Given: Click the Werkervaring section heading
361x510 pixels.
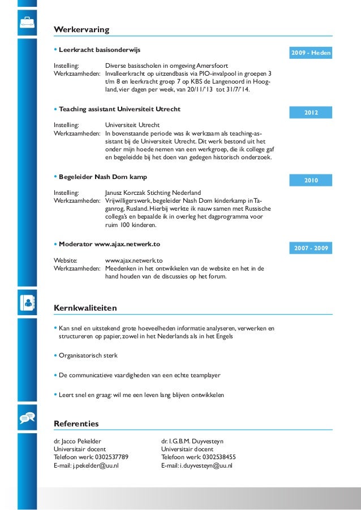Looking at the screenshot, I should [81, 29].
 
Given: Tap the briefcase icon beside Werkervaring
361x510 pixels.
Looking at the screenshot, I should [27, 23].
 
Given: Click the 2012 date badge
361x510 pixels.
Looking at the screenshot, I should [311, 114].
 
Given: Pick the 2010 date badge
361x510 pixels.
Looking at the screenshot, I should [311, 181].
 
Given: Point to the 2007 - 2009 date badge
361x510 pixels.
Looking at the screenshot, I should [311, 249].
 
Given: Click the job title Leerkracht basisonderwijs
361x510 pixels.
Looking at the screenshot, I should [99, 50].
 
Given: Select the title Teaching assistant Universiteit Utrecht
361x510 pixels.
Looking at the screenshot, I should [119, 109].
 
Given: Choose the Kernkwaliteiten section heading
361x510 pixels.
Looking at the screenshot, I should [85, 308].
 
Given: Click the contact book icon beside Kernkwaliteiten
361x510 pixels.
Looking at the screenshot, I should [27, 302].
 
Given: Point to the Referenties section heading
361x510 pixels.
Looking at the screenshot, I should [76, 424].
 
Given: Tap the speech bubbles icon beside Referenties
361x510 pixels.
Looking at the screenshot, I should [27, 418].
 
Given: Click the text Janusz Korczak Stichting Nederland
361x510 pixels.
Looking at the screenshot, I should [153, 193].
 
